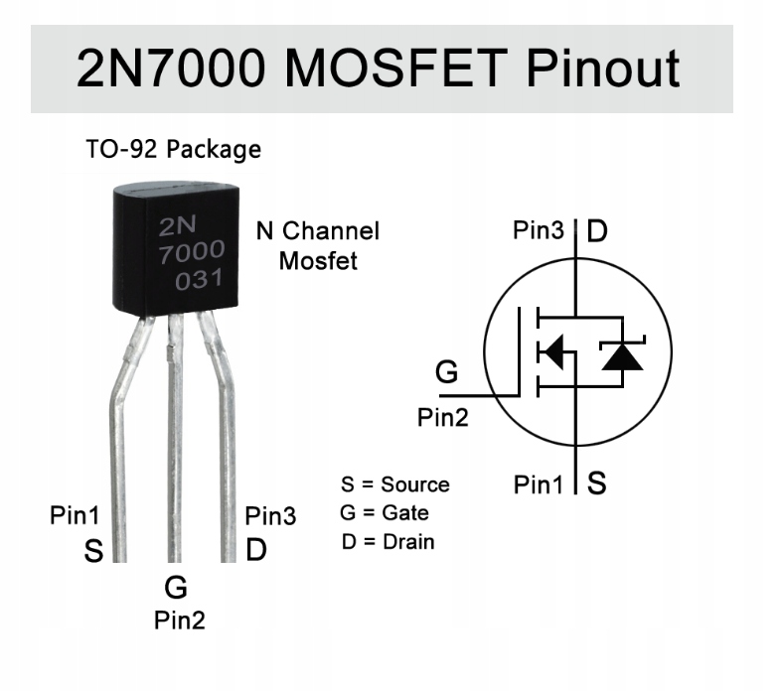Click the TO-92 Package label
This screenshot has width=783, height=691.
[x=173, y=150]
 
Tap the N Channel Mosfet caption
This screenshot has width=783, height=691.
[x=318, y=246]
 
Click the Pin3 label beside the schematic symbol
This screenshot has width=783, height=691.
[x=539, y=231]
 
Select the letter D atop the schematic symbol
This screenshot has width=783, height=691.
[x=596, y=232]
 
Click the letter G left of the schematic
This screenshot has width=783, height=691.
[x=447, y=373]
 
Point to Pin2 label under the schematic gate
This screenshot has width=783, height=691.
[x=441, y=417]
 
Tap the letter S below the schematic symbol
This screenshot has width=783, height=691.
[x=597, y=484]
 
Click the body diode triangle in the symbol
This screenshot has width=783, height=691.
[x=622, y=356]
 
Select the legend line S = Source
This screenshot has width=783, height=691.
[x=394, y=484]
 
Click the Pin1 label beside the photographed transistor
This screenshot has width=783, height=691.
[x=76, y=516]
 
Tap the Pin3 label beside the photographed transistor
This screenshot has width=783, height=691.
[x=270, y=516]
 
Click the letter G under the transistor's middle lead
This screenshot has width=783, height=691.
[x=176, y=588]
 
